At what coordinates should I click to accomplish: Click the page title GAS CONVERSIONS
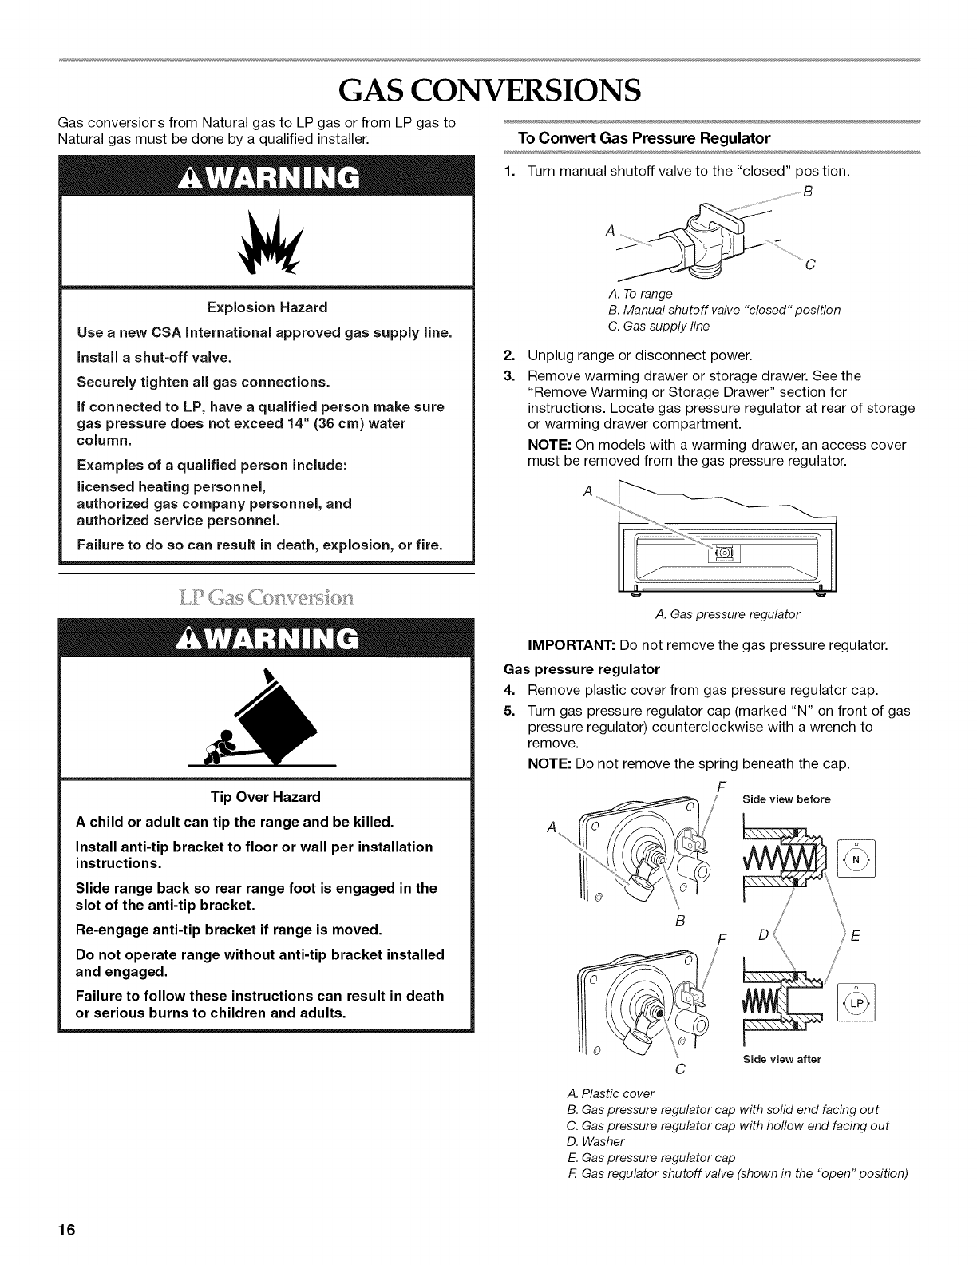click(488, 90)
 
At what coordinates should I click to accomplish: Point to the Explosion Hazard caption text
click(267, 307)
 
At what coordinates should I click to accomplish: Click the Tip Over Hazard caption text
click(265, 796)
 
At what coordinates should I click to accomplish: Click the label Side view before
click(785, 799)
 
